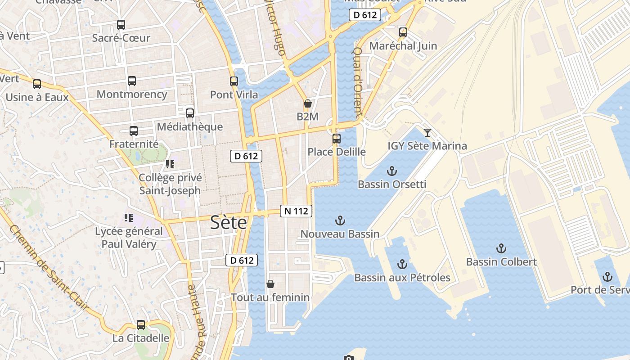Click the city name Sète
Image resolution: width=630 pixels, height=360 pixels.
point(229,223)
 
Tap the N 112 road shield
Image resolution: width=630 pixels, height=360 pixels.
point(296,211)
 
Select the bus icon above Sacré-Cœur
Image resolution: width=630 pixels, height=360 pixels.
point(121,25)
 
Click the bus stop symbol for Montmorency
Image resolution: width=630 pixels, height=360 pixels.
point(131,81)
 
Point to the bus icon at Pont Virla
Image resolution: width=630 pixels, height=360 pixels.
point(234,81)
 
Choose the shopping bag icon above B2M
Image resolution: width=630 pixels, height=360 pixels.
point(308,103)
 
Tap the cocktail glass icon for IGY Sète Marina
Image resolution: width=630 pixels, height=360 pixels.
point(427,132)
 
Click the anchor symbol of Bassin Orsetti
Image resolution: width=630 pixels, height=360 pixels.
point(392,171)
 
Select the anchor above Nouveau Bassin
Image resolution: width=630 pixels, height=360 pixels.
point(340,220)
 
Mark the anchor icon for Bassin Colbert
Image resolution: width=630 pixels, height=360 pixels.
point(501,248)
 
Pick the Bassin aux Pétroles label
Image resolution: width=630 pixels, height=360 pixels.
point(402,278)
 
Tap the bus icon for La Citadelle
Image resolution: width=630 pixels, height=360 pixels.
point(141,325)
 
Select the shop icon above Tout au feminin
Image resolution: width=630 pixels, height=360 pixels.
point(270,284)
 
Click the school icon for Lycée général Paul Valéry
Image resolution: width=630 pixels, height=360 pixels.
point(129,218)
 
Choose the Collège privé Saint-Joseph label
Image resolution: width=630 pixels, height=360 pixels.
point(170,184)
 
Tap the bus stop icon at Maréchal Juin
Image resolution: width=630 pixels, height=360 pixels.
point(403,32)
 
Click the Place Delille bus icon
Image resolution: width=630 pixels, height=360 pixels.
point(337,139)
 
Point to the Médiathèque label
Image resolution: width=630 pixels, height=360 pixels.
point(189,127)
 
